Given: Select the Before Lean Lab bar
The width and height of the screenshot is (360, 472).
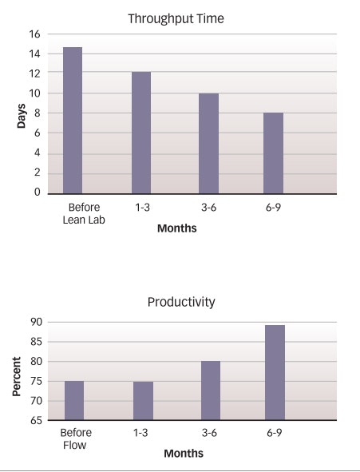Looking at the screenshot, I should click(x=73, y=120).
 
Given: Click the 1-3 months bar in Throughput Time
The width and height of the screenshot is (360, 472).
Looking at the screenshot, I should click(x=140, y=133).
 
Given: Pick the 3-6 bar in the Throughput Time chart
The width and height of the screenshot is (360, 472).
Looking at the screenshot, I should click(x=208, y=143).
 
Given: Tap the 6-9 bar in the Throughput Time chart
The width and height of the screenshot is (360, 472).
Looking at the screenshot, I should click(x=273, y=153).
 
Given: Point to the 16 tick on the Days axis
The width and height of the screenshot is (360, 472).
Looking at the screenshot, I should click(x=34, y=34).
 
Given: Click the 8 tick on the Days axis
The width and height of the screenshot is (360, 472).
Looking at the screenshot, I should click(x=36, y=113).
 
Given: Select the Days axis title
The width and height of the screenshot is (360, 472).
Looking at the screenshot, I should click(x=22, y=113).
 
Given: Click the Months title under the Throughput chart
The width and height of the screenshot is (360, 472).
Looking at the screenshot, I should click(x=176, y=228).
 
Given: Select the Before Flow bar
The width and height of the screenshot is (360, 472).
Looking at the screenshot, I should click(x=73, y=400).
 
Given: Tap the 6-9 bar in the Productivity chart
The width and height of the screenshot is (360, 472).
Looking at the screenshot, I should click(x=274, y=372).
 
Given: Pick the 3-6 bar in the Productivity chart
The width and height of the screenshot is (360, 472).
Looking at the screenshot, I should click(x=210, y=391).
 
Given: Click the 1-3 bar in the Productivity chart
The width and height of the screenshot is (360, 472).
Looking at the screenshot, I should click(x=143, y=400).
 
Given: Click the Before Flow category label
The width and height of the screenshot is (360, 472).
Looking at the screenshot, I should click(x=76, y=438).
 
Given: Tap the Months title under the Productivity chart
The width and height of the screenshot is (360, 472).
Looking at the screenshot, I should click(x=184, y=454).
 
